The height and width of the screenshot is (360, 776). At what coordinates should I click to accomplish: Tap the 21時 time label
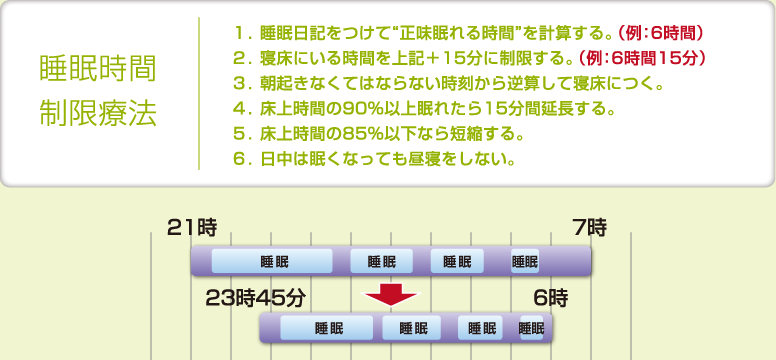pos(192,228)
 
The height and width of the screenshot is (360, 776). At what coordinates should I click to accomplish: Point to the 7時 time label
pos(590,228)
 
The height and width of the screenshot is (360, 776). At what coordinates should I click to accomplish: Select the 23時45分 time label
pos(255,297)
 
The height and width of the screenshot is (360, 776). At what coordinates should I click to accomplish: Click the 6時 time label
pos(550,297)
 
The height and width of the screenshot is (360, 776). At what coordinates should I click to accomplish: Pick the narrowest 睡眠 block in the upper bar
pos(525,262)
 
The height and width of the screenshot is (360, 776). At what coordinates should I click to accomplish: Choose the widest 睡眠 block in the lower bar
pos(327,328)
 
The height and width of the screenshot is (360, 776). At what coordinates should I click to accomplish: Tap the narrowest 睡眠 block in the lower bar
pos(532,328)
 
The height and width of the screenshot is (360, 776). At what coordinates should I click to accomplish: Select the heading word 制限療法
pos(97,112)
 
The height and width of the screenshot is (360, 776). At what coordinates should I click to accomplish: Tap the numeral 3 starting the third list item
pos(237,82)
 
